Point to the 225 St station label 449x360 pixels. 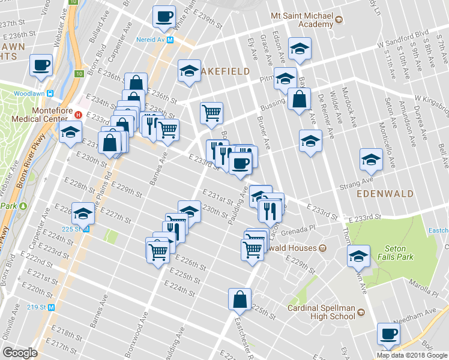[x=74, y=229]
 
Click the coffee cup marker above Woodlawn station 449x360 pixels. [x=41, y=64]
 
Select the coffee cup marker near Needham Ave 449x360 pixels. [x=387, y=334]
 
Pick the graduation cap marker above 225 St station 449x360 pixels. [x=82, y=212]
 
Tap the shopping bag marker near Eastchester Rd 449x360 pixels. [x=239, y=299]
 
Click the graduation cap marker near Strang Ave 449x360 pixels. [x=371, y=159]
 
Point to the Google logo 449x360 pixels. [x=20, y=353]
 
